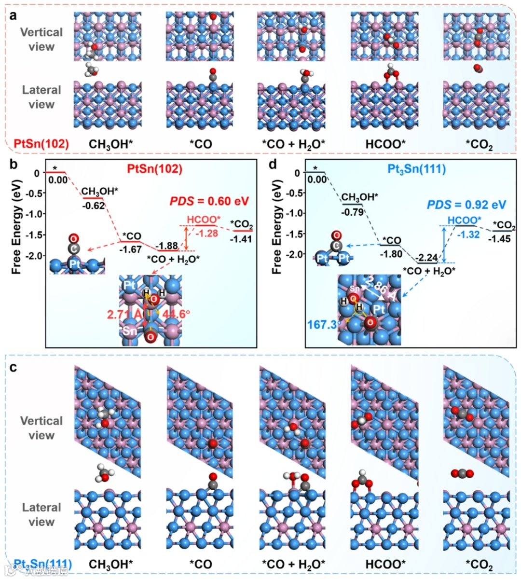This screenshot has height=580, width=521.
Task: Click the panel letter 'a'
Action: point(14,15)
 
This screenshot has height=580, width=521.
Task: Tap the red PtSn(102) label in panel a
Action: point(41,143)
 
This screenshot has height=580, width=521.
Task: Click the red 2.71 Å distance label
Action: point(124,314)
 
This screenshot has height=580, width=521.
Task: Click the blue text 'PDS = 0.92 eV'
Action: point(466,205)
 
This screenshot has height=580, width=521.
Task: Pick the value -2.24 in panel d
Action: point(427,257)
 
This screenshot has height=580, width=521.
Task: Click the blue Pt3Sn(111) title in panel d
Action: point(417,169)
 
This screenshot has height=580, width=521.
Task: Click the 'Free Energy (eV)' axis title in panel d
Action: point(277,227)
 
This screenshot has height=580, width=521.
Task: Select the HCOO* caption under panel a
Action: point(385,144)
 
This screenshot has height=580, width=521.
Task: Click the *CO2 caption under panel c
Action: point(479,565)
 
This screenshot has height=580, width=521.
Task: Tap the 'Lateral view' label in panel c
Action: point(41,514)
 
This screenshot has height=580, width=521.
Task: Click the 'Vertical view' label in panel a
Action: point(41,40)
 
